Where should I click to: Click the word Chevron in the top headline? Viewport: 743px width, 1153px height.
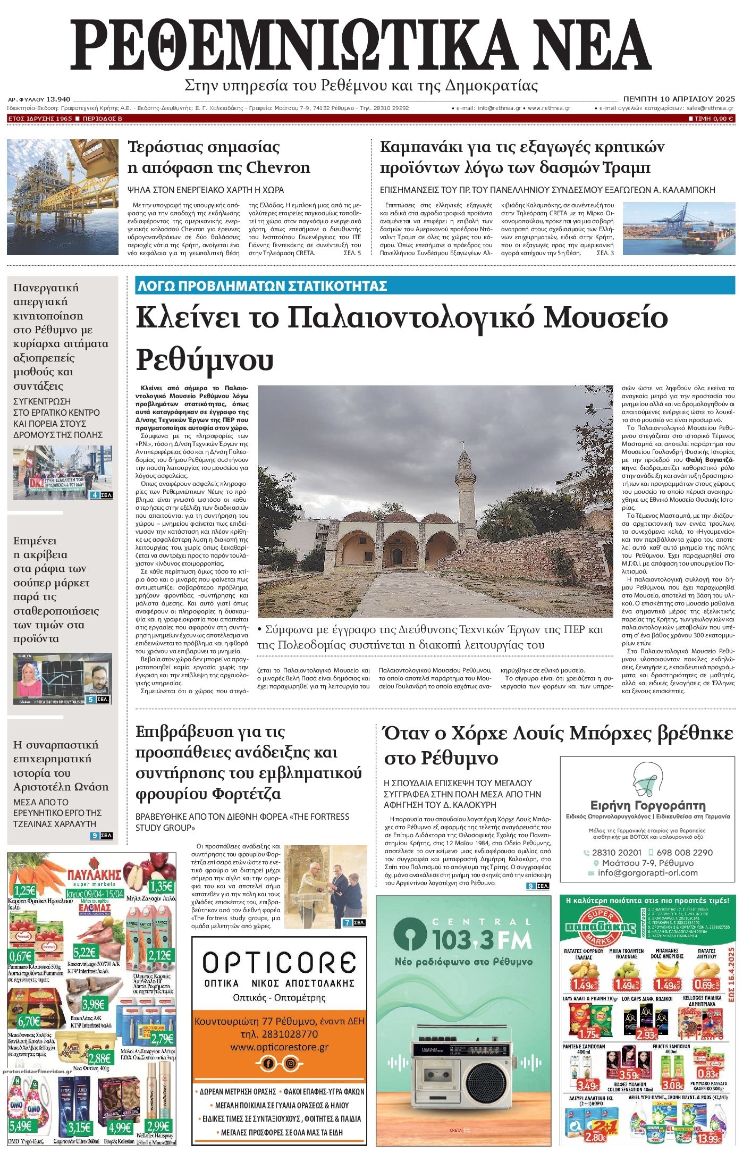278,168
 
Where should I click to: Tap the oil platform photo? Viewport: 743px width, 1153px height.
63,197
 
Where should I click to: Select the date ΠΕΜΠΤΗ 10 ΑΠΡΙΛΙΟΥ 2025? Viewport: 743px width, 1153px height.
679,99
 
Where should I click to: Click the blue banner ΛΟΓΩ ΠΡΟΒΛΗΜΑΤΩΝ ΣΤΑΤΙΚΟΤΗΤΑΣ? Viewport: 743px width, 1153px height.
261,286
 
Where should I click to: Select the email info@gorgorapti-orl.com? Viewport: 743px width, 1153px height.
647,873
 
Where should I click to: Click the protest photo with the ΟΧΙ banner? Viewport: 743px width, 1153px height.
63,473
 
